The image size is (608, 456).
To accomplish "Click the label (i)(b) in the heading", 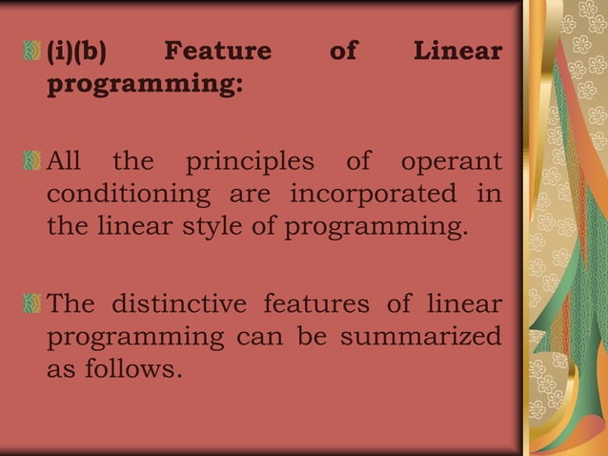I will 76,52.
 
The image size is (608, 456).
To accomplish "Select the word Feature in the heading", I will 217,52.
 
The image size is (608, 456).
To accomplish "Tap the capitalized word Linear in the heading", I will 457,52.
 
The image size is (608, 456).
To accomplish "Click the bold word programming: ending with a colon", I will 146,85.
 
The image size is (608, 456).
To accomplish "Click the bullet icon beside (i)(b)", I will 33,52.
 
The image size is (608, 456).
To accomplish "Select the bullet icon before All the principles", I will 33,160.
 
